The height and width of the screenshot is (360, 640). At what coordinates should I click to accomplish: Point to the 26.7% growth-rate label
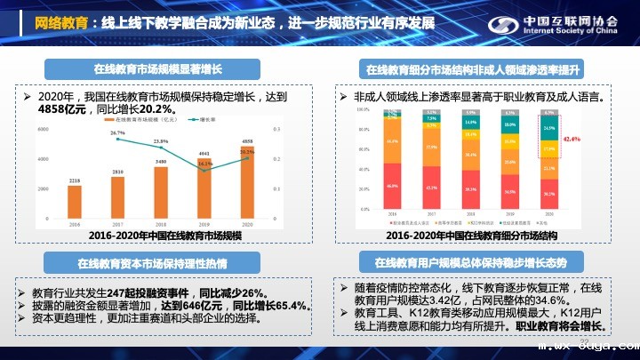point(117,133)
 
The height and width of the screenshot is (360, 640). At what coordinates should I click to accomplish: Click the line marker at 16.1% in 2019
point(204,170)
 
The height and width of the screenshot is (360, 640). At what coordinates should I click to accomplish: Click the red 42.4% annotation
point(570,140)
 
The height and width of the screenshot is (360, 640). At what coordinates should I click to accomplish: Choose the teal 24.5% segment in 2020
point(548,128)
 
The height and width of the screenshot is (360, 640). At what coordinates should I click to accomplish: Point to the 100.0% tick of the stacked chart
point(363,109)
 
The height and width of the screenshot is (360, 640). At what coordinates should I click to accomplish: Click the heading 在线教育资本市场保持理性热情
point(152,264)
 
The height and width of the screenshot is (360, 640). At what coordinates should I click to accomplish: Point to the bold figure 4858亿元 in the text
point(67,108)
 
